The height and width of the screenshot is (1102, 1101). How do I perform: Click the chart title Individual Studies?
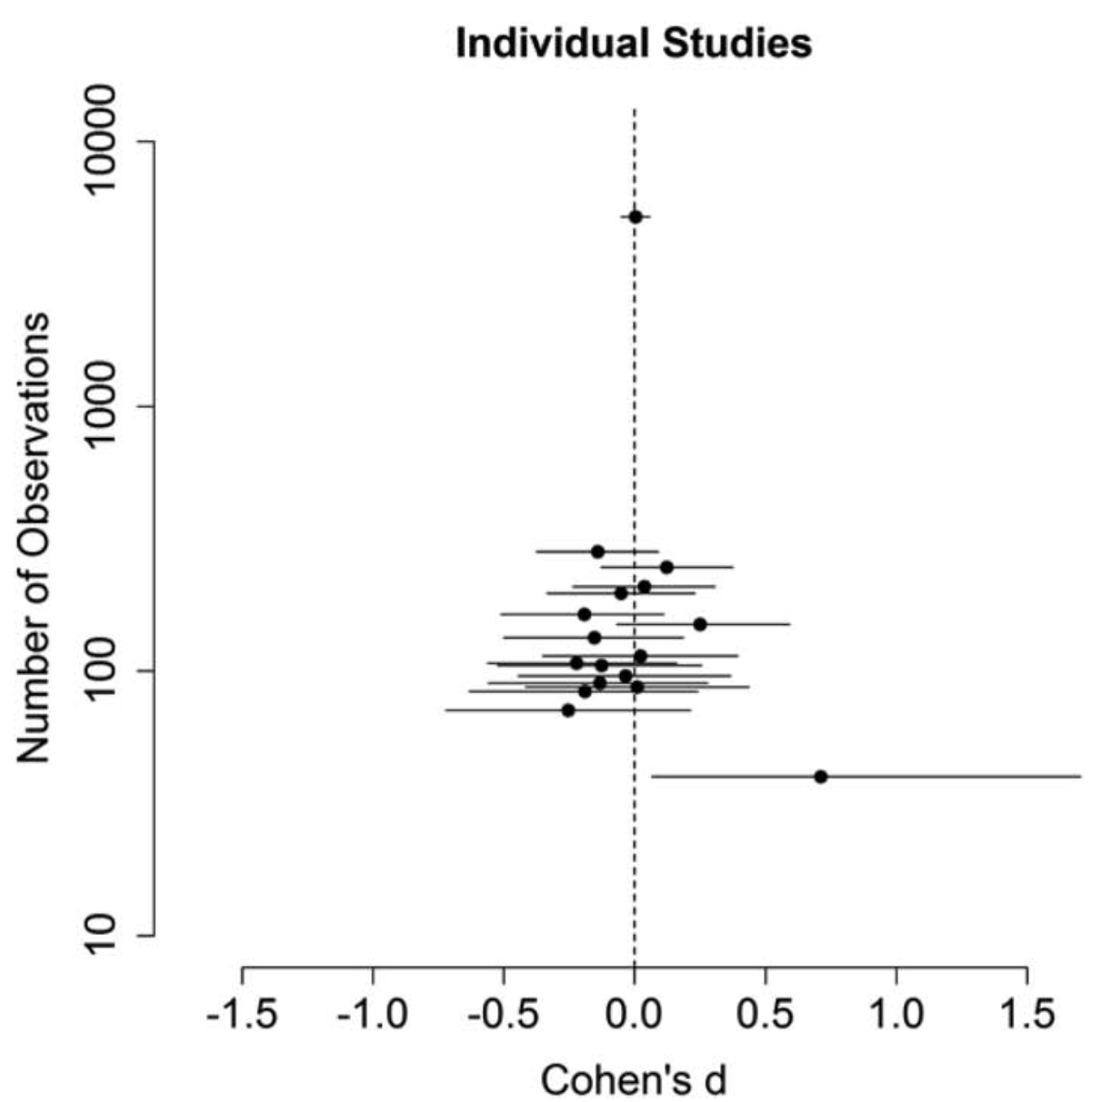634,43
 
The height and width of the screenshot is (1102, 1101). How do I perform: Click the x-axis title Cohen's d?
634,1080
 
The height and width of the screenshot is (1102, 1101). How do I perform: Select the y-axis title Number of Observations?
34,539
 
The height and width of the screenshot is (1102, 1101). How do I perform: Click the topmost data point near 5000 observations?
636,216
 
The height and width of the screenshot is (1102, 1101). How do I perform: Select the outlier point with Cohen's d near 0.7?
821,777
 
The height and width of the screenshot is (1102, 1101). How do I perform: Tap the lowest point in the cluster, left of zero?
568,710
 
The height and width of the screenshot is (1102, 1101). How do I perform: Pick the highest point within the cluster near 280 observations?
597,551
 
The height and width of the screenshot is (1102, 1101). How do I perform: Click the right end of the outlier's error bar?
1080,777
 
